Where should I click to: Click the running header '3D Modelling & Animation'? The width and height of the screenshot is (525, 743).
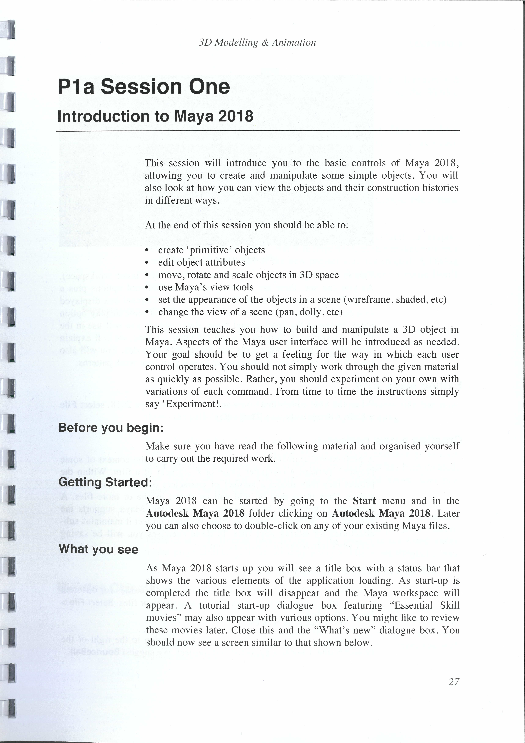tap(257, 42)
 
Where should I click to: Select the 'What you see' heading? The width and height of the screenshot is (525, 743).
tap(99, 549)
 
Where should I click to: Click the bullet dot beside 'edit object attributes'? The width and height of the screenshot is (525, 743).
tap(147, 263)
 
